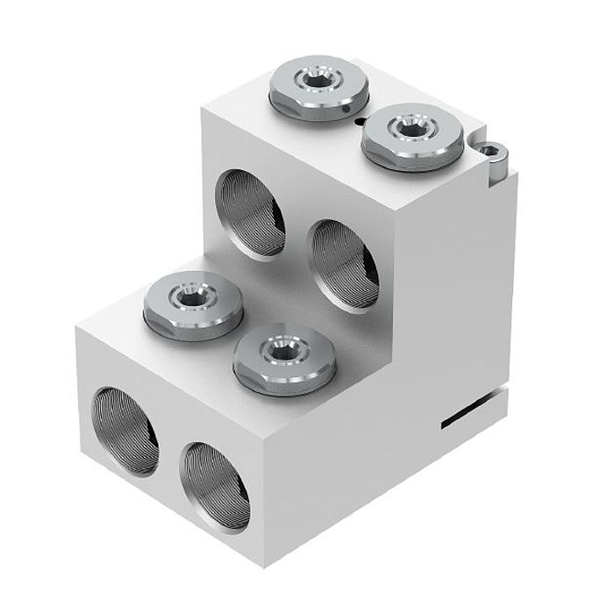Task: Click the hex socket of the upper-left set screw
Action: pos(312,80)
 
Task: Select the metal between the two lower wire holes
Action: pos(168,452)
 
